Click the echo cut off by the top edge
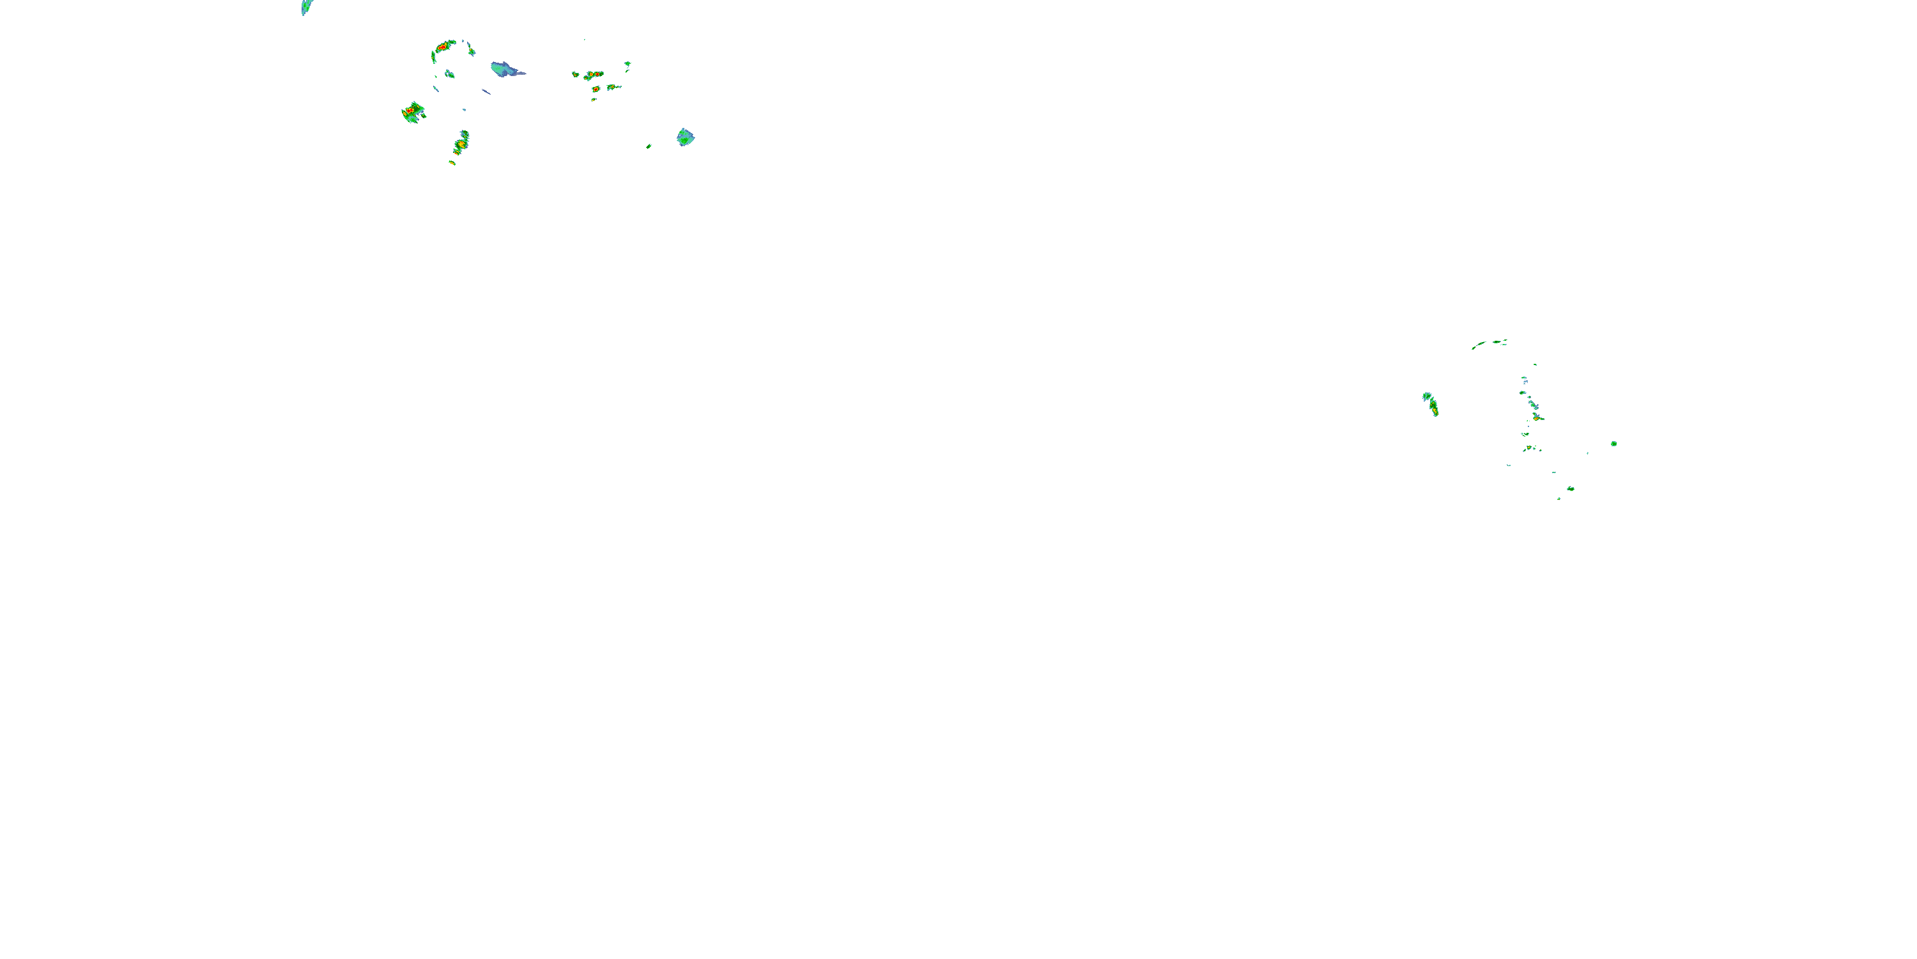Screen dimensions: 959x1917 306,6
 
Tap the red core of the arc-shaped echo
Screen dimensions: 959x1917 442,47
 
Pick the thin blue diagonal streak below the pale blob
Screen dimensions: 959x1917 487,92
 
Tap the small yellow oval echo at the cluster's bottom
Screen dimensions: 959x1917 452,162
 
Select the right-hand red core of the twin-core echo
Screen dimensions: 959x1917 598,74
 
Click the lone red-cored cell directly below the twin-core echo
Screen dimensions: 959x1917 596,90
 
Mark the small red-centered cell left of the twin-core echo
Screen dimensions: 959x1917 575,74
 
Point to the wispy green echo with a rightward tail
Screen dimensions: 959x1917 613,87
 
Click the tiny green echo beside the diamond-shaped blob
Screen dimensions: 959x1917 649,146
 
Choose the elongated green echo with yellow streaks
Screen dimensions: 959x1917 461,141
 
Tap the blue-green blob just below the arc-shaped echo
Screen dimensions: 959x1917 449,74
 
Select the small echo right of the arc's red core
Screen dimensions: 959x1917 471,52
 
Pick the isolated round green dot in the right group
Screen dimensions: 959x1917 1613,444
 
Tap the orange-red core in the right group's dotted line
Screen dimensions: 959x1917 1536,417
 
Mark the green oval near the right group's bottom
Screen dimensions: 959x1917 1570,488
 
